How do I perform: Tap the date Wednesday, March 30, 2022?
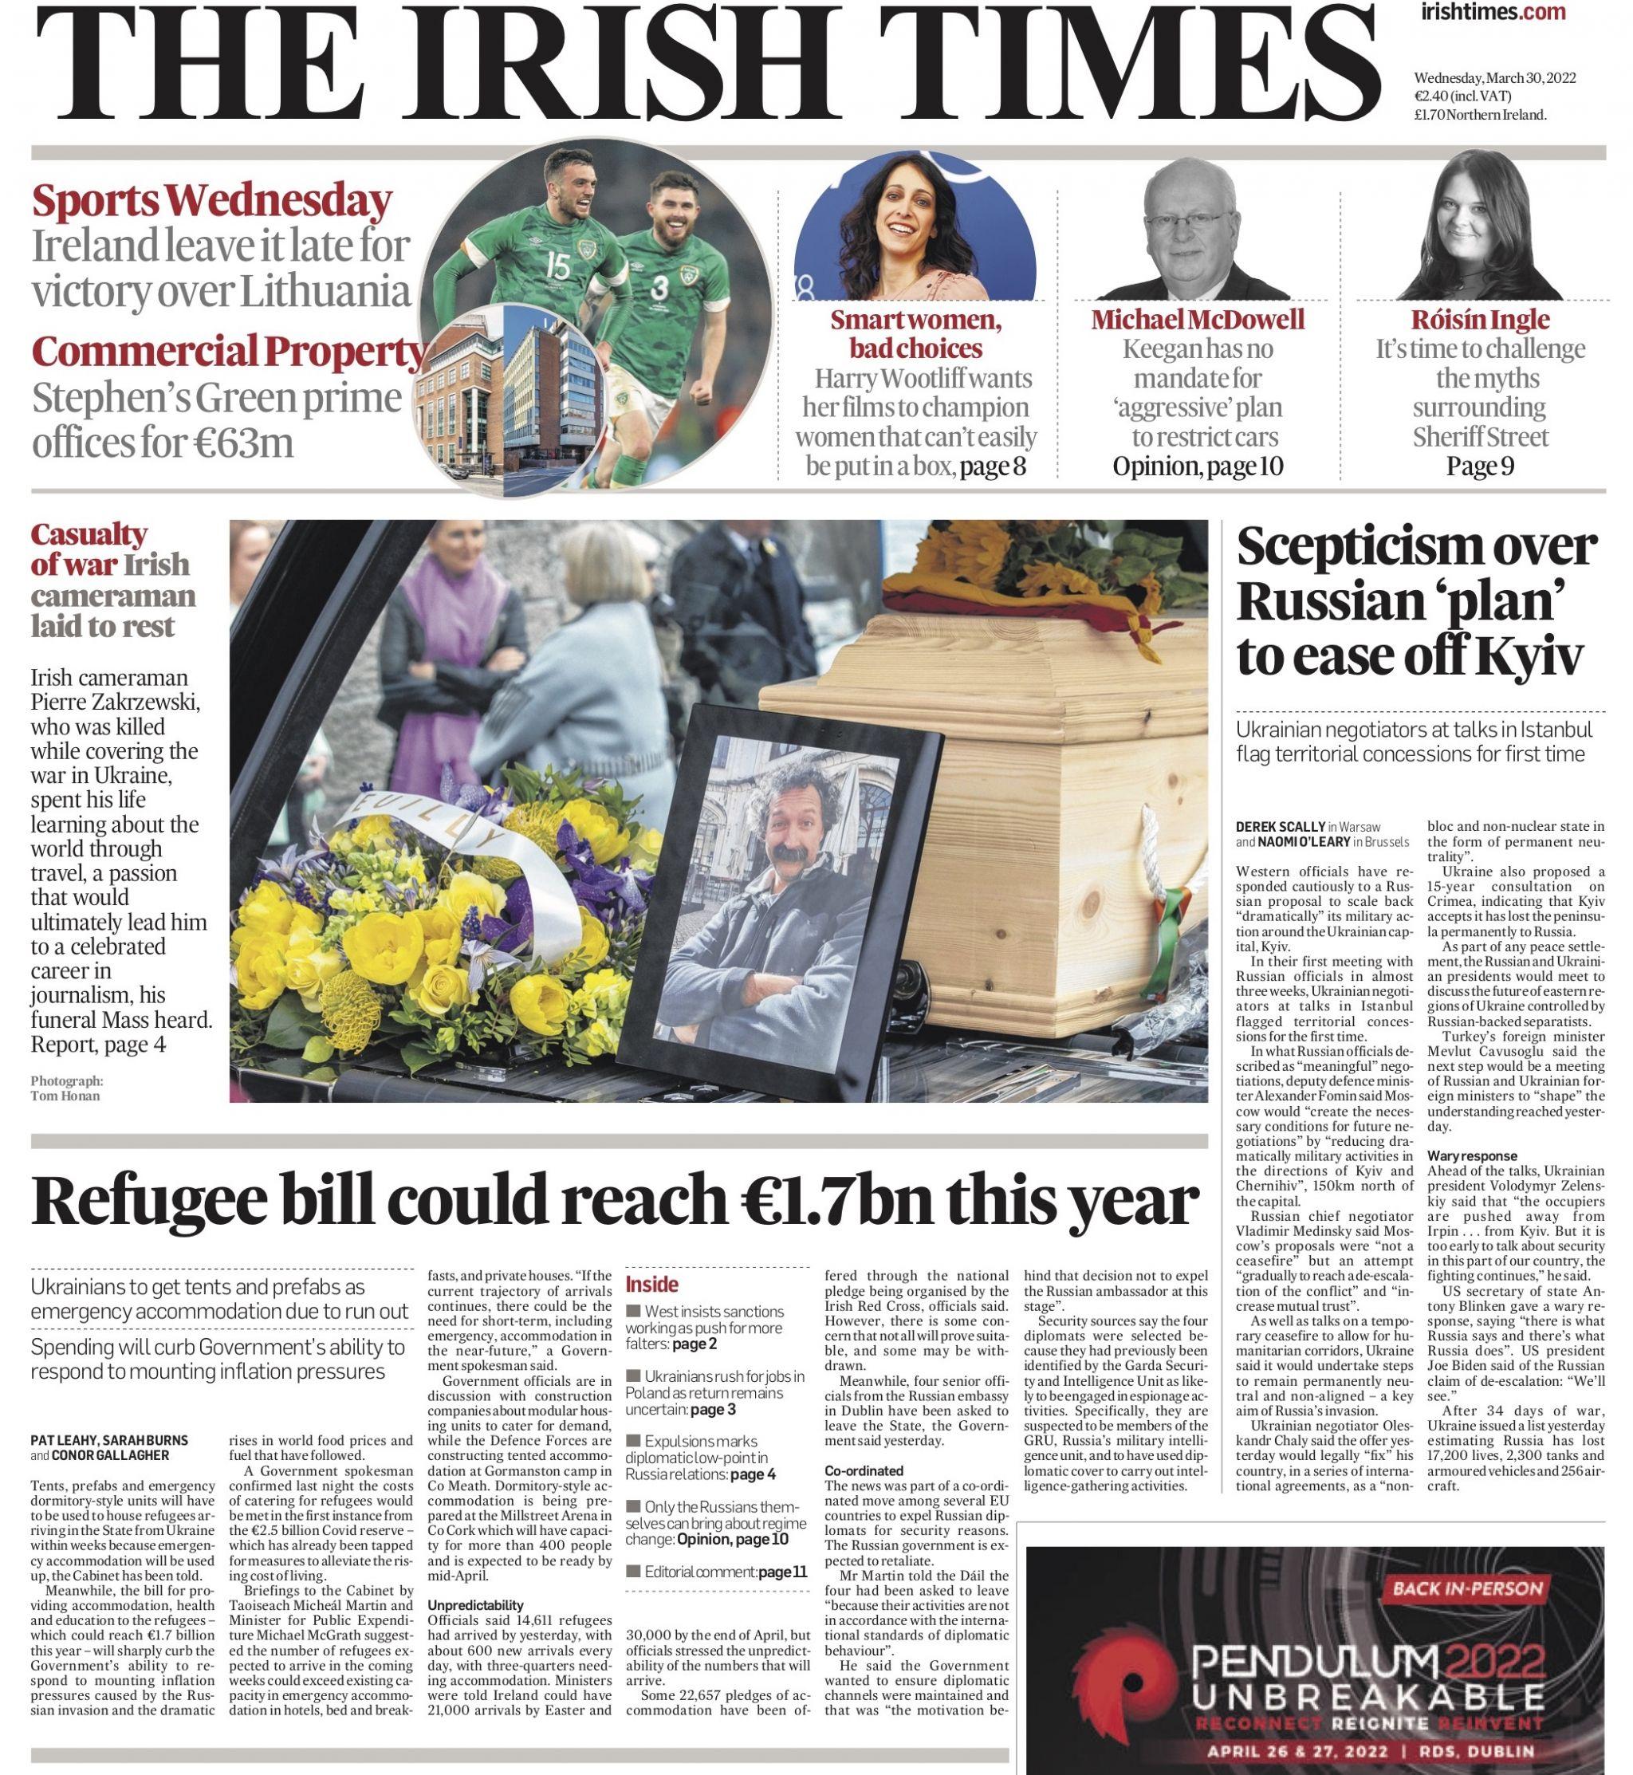1494,79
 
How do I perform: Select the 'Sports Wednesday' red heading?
211,203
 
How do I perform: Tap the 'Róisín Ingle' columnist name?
1480,320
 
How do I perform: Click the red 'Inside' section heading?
652,1285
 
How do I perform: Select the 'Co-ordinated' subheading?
864,1471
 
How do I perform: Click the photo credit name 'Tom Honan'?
65,1096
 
